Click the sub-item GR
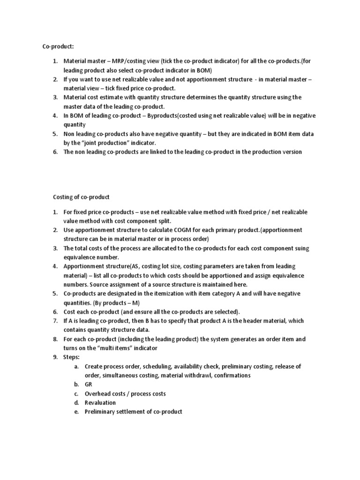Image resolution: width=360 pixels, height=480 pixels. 89,384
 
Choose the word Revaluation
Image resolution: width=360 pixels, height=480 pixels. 100,402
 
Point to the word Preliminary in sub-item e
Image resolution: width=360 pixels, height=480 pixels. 101,412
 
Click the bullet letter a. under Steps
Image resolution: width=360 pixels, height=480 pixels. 76,366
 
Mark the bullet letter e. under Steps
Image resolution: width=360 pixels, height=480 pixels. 76,412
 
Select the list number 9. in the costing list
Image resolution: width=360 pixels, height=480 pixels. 55,357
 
